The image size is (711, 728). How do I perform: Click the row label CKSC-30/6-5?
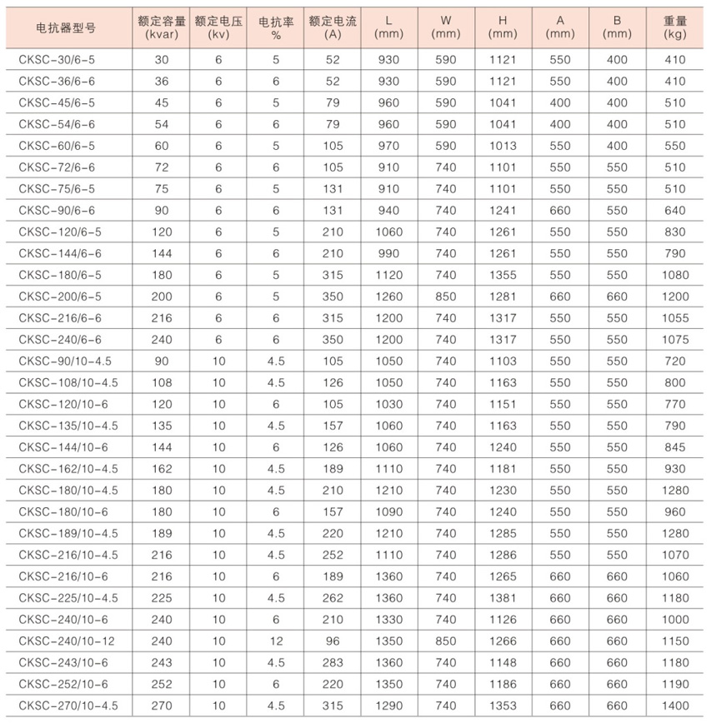(57, 60)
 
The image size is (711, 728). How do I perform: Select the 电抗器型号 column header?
(66, 27)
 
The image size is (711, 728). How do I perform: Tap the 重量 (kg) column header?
(675, 27)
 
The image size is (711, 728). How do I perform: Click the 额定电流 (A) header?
(332, 27)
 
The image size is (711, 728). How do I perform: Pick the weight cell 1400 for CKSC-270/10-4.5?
(675, 706)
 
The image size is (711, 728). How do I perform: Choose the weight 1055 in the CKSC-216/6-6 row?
(675, 318)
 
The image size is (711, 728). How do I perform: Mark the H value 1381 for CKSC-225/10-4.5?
(503, 598)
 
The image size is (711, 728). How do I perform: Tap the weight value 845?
(675, 447)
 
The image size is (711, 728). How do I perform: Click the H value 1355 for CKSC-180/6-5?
(503, 275)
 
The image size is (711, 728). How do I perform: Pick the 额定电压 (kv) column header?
(218, 27)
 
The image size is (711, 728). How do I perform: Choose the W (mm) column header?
(446, 27)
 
